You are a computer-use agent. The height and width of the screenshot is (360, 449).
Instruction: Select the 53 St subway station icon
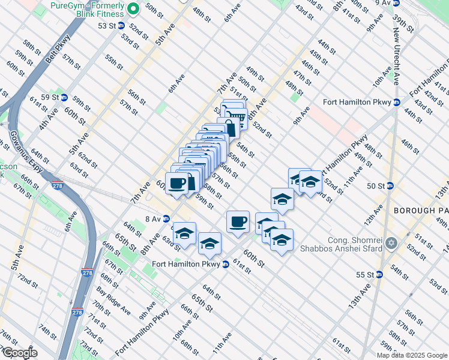tap(120, 26)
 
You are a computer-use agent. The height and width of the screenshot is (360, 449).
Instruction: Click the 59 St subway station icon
tap(63, 97)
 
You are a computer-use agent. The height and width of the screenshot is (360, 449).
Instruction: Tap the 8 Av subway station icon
tap(166, 218)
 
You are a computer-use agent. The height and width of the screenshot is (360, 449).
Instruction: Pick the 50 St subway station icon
tap(390, 186)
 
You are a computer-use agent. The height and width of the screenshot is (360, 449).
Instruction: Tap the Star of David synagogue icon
tap(392, 243)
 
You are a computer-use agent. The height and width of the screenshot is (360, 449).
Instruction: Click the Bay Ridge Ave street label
tap(113, 301)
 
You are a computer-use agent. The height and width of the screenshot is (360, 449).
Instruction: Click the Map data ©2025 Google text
tap(412, 355)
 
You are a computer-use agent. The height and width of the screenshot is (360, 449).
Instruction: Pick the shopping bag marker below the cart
tap(230, 128)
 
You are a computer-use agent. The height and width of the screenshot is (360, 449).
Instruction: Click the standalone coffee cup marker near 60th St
tap(238, 221)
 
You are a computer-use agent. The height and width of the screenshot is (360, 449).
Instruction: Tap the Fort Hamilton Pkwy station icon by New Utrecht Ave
tap(397, 101)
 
